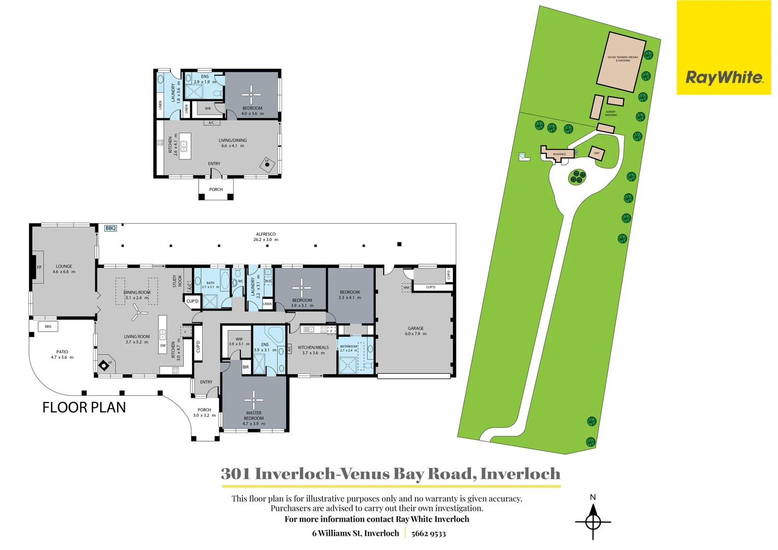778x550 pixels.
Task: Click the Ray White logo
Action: click(x=724, y=77)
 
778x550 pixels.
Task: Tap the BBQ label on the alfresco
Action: click(x=110, y=228)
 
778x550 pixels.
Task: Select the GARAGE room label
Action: click(x=415, y=328)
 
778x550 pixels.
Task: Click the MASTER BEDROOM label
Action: click(x=254, y=416)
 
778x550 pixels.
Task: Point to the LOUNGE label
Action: click(x=64, y=266)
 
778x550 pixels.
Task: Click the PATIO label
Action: click(x=62, y=352)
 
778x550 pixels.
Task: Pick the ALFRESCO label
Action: click(x=266, y=234)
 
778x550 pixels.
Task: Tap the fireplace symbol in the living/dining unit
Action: click(x=267, y=164)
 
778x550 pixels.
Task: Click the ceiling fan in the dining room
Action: click(x=136, y=312)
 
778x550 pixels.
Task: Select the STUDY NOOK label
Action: click(x=177, y=281)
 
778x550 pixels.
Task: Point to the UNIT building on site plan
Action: click(x=597, y=153)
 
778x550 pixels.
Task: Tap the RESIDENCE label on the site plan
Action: click(x=559, y=154)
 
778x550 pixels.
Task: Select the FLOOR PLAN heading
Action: click(x=84, y=407)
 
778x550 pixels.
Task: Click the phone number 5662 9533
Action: click(x=428, y=534)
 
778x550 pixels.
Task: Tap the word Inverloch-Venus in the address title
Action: click(x=296, y=474)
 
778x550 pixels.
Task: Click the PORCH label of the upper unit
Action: click(x=216, y=189)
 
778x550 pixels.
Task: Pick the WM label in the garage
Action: click(x=406, y=288)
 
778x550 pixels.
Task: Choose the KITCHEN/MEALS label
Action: click(x=313, y=347)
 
